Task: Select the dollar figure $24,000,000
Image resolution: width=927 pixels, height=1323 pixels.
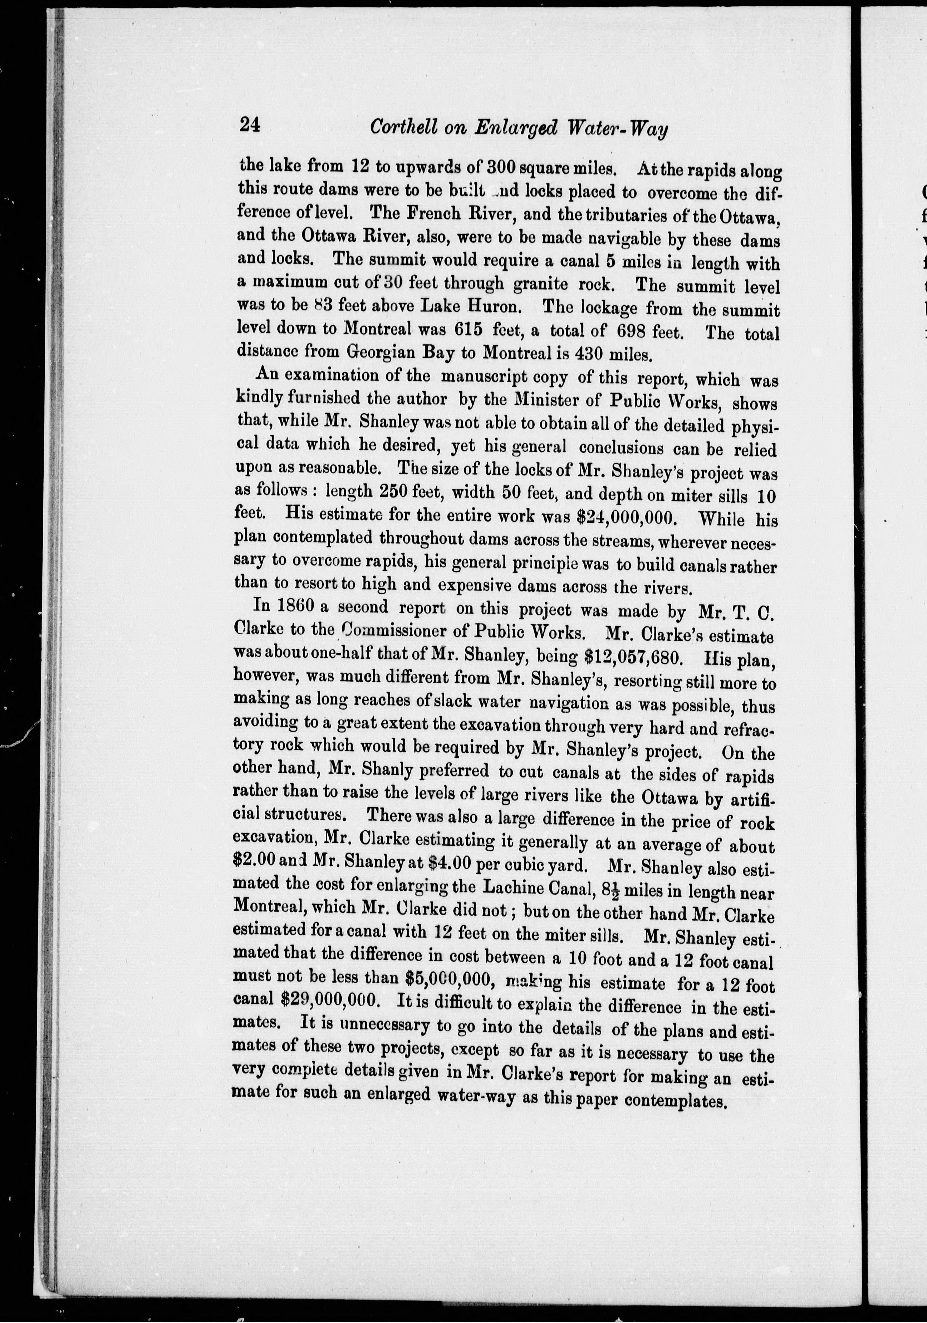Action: pyautogui.click(x=625, y=516)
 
